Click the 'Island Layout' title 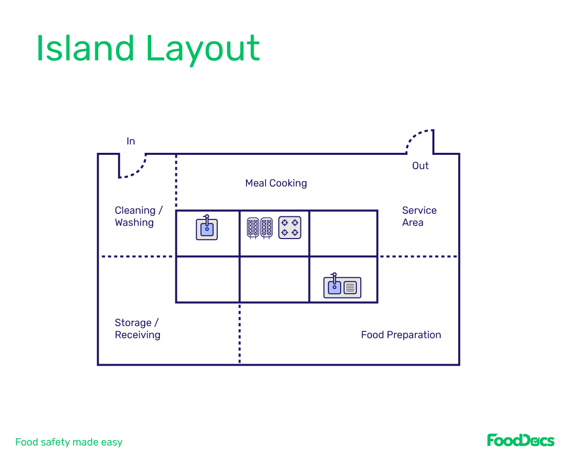(x=148, y=49)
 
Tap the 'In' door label (x=131, y=141)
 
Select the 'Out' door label (x=420, y=165)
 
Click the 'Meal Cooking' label (x=276, y=183)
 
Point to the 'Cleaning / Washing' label (x=139, y=216)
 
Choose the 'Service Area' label (x=419, y=216)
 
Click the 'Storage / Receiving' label (x=137, y=329)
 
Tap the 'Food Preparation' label (x=401, y=335)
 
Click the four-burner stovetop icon (x=290, y=227)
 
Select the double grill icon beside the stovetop (x=260, y=228)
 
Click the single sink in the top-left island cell (x=207, y=228)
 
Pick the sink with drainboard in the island (x=342, y=287)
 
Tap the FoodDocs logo (x=521, y=440)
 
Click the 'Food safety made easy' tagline (x=69, y=442)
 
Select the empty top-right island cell (x=343, y=234)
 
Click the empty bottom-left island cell (x=207, y=279)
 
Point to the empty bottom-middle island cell (x=274, y=279)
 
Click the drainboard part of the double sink (x=350, y=288)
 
